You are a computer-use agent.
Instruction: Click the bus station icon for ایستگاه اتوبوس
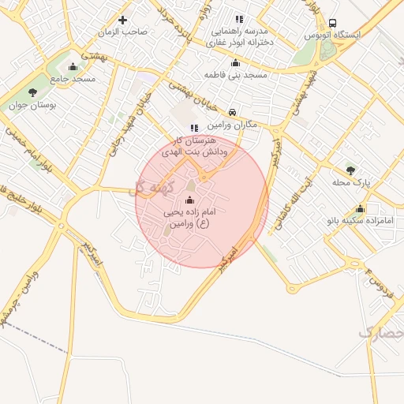(332, 24)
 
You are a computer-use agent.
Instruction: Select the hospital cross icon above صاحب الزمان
(122, 20)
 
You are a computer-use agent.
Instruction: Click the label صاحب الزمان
(123, 32)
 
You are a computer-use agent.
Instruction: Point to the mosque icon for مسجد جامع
(73, 66)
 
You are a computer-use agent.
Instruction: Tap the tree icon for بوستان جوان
(32, 92)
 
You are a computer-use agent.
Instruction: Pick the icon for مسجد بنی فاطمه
(234, 63)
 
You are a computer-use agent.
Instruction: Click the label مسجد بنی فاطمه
(235, 75)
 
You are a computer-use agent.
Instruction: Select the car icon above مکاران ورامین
(232, 113)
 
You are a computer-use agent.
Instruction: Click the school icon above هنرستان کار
(193, 128)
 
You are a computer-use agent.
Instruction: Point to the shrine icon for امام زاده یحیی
(189, 200)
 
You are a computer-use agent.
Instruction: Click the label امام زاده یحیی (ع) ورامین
(189, 219)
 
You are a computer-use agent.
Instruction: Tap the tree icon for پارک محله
(350, 169)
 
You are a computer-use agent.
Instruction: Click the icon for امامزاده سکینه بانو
(361, 209)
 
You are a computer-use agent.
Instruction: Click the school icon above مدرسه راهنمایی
(239, 19)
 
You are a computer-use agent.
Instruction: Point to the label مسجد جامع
(73, 79)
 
